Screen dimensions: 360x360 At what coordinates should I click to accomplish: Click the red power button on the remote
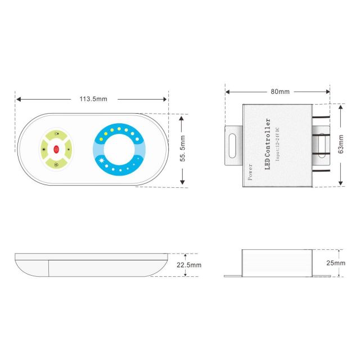pos(56,149)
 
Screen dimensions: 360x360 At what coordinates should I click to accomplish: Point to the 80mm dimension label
pos(280,91)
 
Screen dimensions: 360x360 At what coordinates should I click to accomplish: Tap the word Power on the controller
pos(249,172)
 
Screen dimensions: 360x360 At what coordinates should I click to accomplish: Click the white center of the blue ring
pos(119,149)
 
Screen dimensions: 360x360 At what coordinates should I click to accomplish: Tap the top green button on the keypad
pos(56,136)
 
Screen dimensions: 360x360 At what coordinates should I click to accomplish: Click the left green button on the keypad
pos(43,149)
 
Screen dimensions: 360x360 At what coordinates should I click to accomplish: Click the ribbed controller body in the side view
pos(274,263)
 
